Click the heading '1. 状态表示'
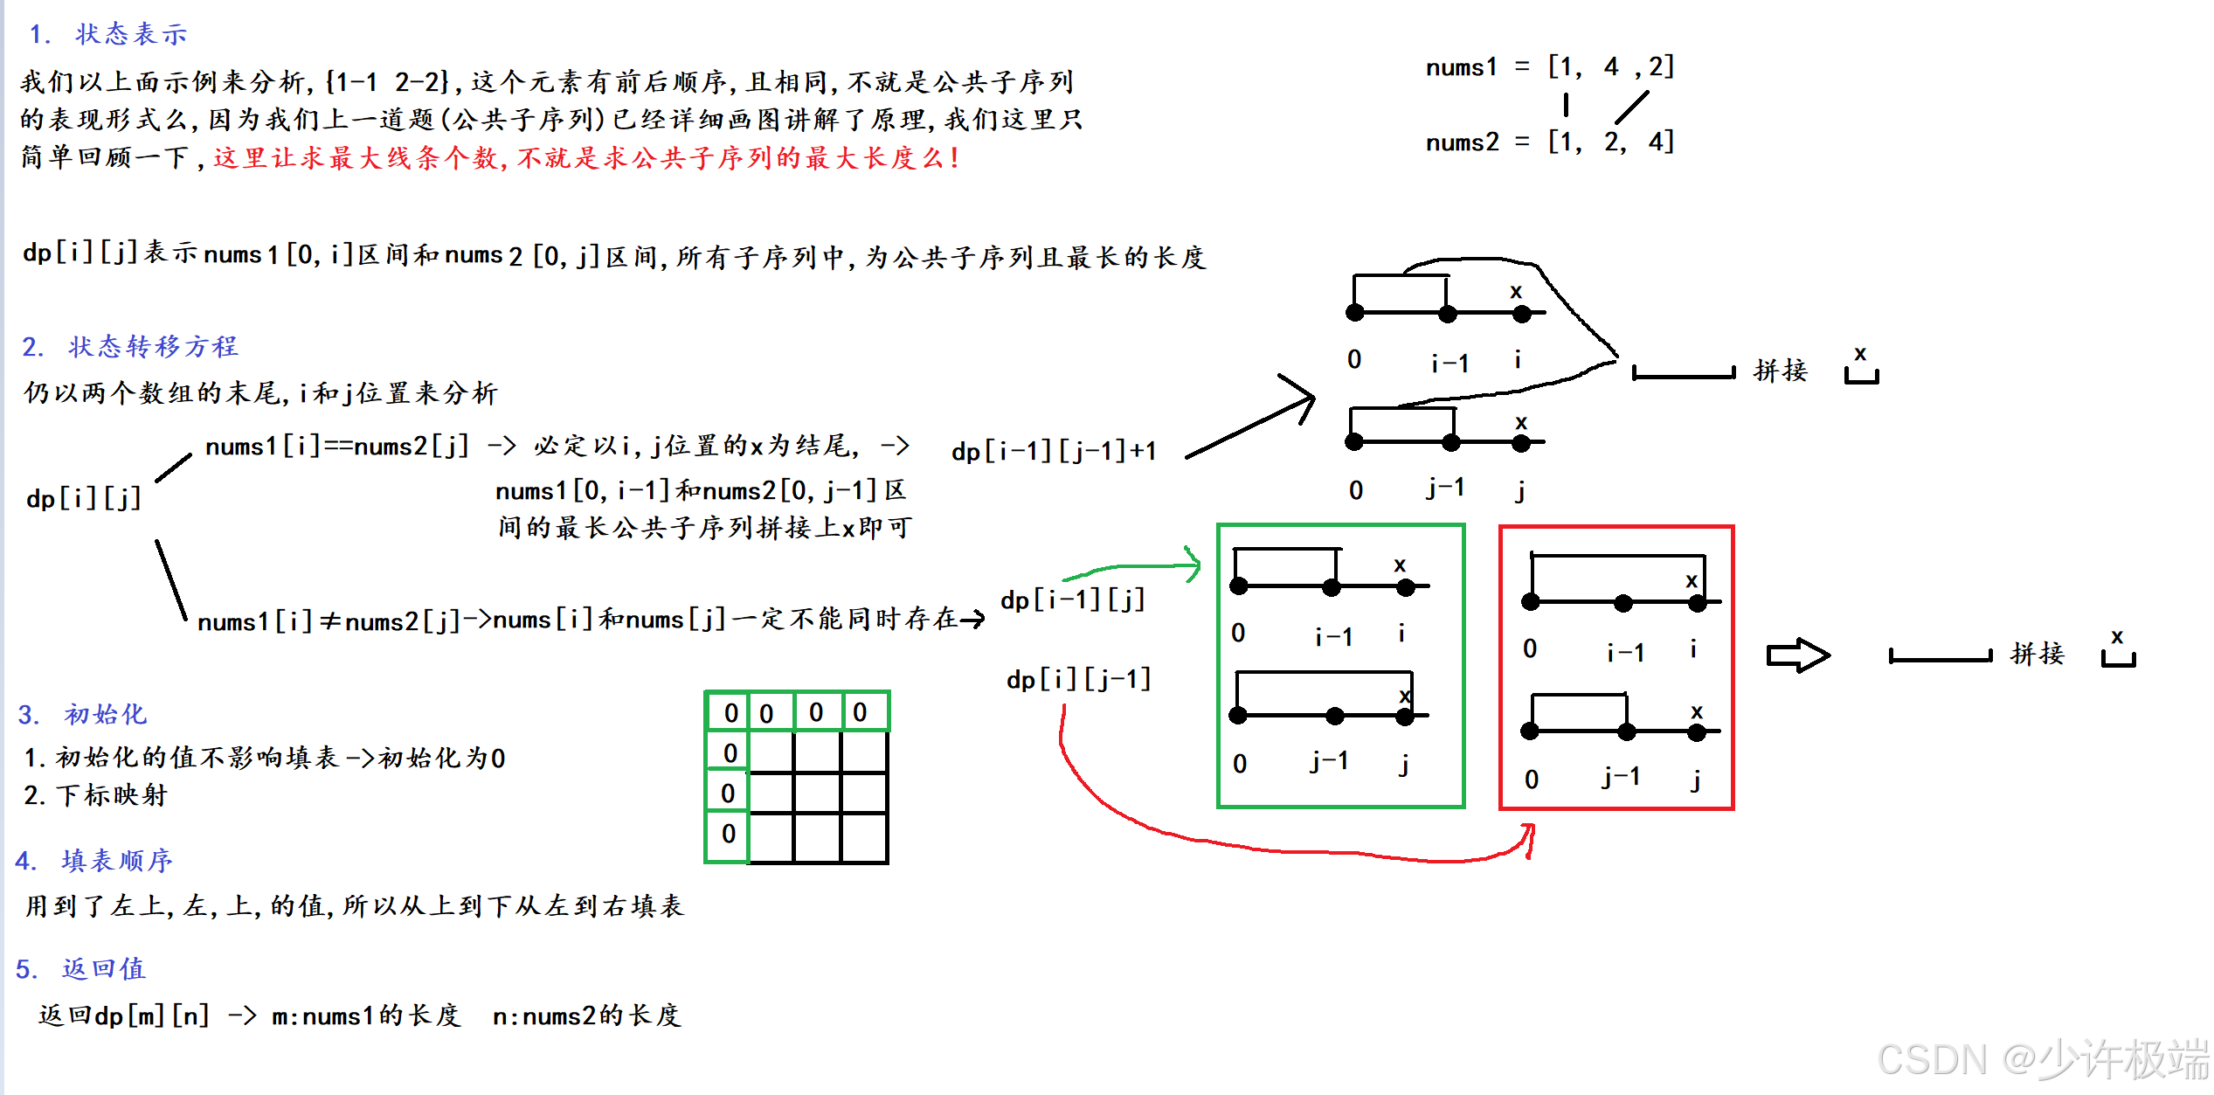pos(108,34)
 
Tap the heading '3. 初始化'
pos(82,715)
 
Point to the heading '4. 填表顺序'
pos(94,861)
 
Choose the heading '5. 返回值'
pos(81,968)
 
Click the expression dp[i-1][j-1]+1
pos(1054,451)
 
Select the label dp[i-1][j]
pos(1072,600)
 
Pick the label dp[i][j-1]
pos(1078,679)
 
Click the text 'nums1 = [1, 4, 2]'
pos(1549,66)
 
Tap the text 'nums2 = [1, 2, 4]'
pos(1549,142)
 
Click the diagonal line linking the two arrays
pos(1631,107)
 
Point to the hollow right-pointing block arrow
pos(1797,655)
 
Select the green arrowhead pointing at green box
pos(1193,564)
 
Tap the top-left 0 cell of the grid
pos(730,713)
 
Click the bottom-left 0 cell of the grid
pos(729,834)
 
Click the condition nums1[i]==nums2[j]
pos(337,447)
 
